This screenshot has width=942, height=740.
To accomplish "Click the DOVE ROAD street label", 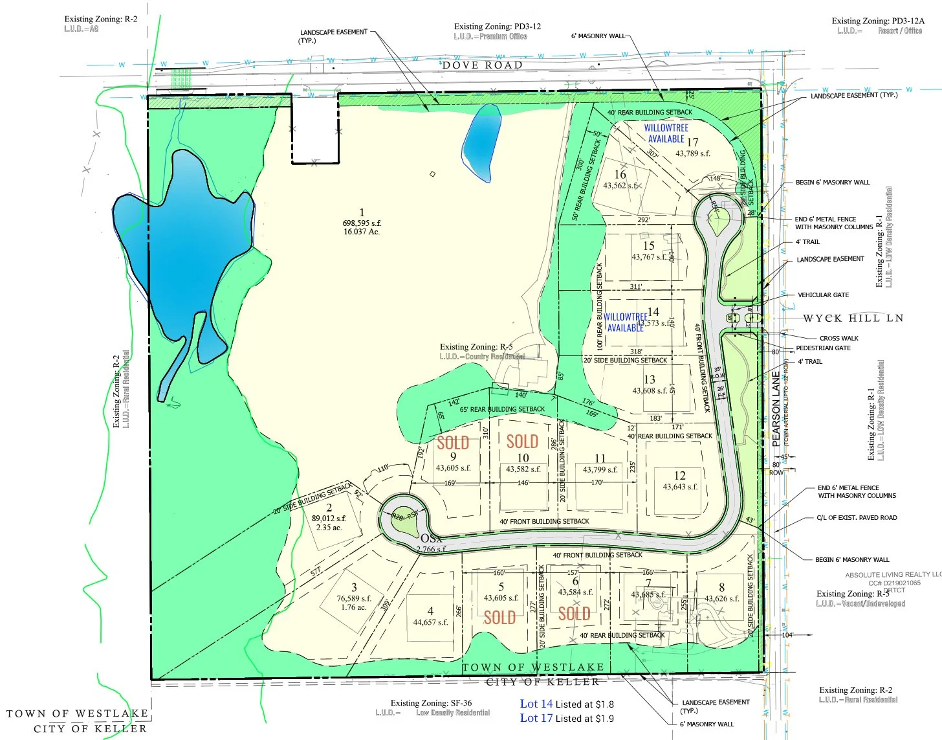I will tap(482, 65).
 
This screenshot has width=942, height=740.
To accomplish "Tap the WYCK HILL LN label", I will tap(853, 318).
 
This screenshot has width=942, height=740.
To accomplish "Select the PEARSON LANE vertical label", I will tap(776, 409).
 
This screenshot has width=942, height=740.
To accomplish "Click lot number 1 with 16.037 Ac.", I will tap(362, 212).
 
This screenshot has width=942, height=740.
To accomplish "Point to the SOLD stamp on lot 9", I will tap(453, 443).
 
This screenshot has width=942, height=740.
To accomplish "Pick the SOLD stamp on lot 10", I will tap(522, 442).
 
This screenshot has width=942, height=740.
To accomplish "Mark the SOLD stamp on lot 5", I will tap(499, 618).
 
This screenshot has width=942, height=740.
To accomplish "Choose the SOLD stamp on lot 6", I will tap(574, 614).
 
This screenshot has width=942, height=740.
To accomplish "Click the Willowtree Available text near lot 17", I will tap(666, 133).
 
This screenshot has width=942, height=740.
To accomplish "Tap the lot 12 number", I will tap(679, 475).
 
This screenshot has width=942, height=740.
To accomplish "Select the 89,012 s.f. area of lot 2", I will tap(329, 518).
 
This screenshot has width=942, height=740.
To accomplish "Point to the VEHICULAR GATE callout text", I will tap(823, 295).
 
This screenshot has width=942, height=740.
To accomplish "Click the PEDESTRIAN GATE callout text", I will tap(823, 348).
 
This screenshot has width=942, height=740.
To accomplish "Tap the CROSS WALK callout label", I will tap(838, 338).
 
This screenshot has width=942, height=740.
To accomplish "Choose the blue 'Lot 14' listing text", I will tap(536, 704).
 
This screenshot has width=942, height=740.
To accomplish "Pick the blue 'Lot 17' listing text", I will tap(536, 718).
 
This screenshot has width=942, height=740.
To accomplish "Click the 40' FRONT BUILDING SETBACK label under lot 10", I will tap(544, 521).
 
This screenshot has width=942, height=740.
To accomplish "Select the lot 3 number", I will tap(354, 587).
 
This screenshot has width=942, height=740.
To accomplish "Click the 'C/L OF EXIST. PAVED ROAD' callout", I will tap(857, 518).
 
